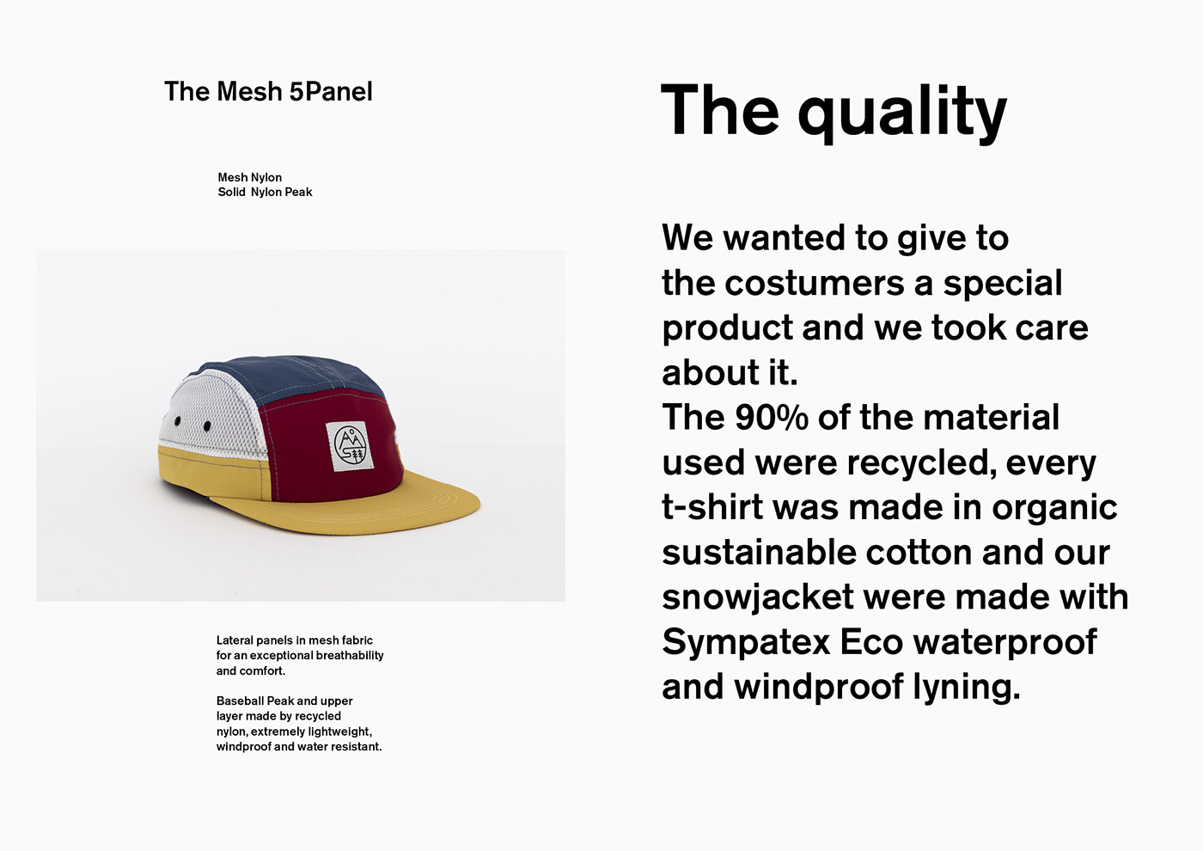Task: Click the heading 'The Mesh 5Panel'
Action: tap(268, 91)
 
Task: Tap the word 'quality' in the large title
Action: tap(902, 113)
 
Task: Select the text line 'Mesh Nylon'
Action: tap(250, 178)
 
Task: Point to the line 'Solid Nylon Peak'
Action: tap(265, 193)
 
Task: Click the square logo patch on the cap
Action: tap(351, 446)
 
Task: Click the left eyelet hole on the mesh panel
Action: tap(178, 420)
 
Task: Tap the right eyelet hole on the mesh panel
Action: tap(207, 426)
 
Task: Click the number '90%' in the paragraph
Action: tap(772, 418)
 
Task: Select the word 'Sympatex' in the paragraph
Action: tap(746, 644)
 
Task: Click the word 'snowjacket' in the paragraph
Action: tap(758, 598)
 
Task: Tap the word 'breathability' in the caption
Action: tap(350, 656)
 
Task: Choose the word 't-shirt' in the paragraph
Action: tap(712, 507)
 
